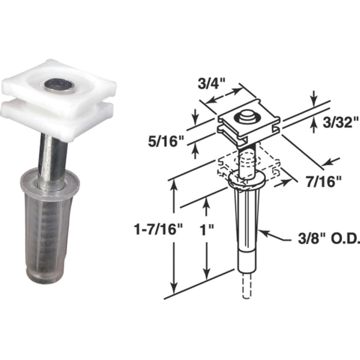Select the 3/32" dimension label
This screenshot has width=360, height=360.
pyautogui.click(x=337, y=123)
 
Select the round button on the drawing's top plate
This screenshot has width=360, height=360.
pyautogui.click(x=245, y=116)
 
